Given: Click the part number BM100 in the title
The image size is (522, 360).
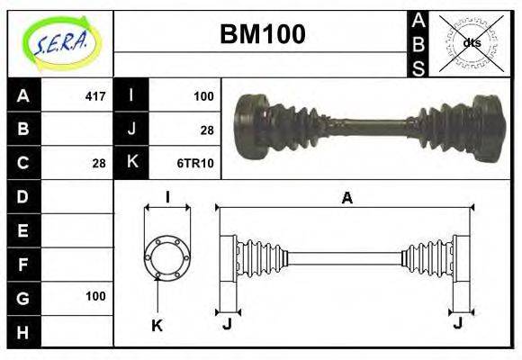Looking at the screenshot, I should [262, 33].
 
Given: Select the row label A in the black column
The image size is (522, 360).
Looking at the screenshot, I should [23, 95].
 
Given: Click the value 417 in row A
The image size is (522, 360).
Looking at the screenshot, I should [94, 95].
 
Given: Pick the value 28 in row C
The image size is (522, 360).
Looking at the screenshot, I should [99, 163].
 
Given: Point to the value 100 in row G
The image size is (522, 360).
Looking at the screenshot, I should [95, 296].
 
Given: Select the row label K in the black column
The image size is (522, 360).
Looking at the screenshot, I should [131, 163].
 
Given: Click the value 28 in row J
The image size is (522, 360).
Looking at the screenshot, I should [206, 130].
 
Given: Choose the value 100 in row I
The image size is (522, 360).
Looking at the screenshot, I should [203, 95].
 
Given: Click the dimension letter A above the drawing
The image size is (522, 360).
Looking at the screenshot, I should [346, 198].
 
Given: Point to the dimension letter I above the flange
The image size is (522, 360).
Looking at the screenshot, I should [167, 197].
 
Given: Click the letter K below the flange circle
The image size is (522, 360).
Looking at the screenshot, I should [156, 326].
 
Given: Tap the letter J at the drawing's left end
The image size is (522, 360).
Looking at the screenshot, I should [227, 323].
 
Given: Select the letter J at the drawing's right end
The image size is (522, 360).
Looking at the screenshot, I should [459, 323].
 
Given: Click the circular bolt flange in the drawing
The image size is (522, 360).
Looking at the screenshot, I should [167, 256].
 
